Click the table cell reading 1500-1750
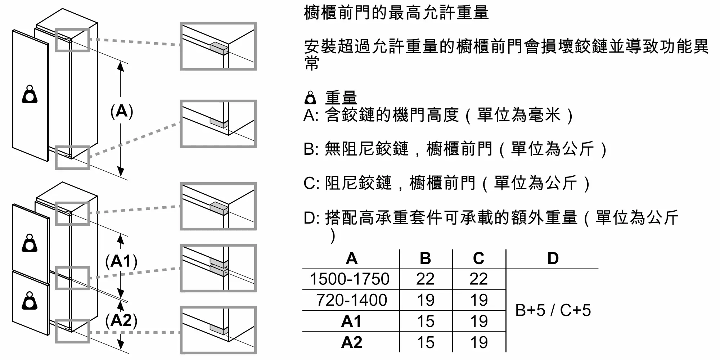click(350, 279)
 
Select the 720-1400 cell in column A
click(351, 300)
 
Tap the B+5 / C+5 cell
click(553, 310)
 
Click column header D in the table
click(553, 258)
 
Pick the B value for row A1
click(426, 321)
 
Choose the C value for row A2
click(479, 342)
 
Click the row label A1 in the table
click(351, 321)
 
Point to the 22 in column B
click(426, 279)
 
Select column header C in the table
click(478, 258)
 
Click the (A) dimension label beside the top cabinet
click(122, 111)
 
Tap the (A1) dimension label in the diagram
click(121, 261)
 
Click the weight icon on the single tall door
click(30, 94)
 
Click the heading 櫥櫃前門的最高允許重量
click(396, 13)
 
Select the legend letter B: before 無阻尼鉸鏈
click(311, 149)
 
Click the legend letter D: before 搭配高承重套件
click(312, 218)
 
